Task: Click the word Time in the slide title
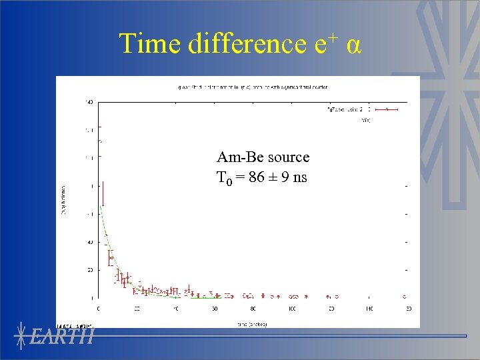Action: tap(151, 44)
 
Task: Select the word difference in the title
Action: tap(247, 44)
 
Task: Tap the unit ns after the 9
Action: tap(299, 177)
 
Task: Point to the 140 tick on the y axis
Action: tap(88, 102)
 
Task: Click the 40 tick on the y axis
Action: tap(89, 242)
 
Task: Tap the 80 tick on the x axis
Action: tap(253, 309)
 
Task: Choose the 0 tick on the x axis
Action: tap(99, 309)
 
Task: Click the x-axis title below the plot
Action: tap(253, 324)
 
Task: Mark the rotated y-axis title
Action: tap(65, 200)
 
